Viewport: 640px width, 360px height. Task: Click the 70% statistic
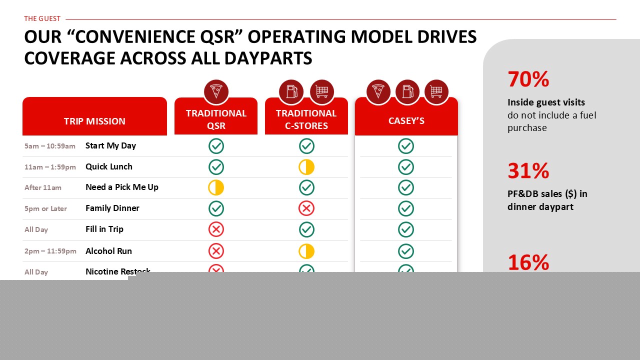coord(528,79)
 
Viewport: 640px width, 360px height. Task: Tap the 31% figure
coord(528,171)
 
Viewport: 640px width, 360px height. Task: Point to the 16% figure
coord(528,262)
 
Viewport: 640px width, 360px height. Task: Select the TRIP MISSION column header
coord(94,121)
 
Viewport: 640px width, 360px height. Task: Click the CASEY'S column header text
coord(406,121)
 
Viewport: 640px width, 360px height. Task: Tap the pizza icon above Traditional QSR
coord(216,91)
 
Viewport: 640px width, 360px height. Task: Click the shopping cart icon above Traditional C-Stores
coord(321,91)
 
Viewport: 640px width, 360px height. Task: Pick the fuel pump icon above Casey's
coord(407,91)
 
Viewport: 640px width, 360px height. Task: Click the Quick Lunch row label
coord(109,166)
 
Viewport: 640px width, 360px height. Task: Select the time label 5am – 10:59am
coord(50,146)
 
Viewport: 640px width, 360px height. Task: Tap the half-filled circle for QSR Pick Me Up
coord(216,187)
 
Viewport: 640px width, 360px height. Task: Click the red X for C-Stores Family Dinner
coord(306,208)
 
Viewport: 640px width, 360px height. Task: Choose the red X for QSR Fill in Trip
coord(216,229)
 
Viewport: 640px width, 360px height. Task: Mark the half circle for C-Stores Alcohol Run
coord(306,251)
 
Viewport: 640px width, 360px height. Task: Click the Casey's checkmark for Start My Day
coord(405,146)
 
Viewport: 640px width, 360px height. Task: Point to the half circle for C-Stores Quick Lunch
coord(306,167)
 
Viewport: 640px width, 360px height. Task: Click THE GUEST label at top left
coord(42,18)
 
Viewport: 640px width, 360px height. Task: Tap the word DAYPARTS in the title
coord(268,58)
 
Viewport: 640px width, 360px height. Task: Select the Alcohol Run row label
coord(108,251)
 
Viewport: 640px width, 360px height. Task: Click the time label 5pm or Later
coord(45,208)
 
